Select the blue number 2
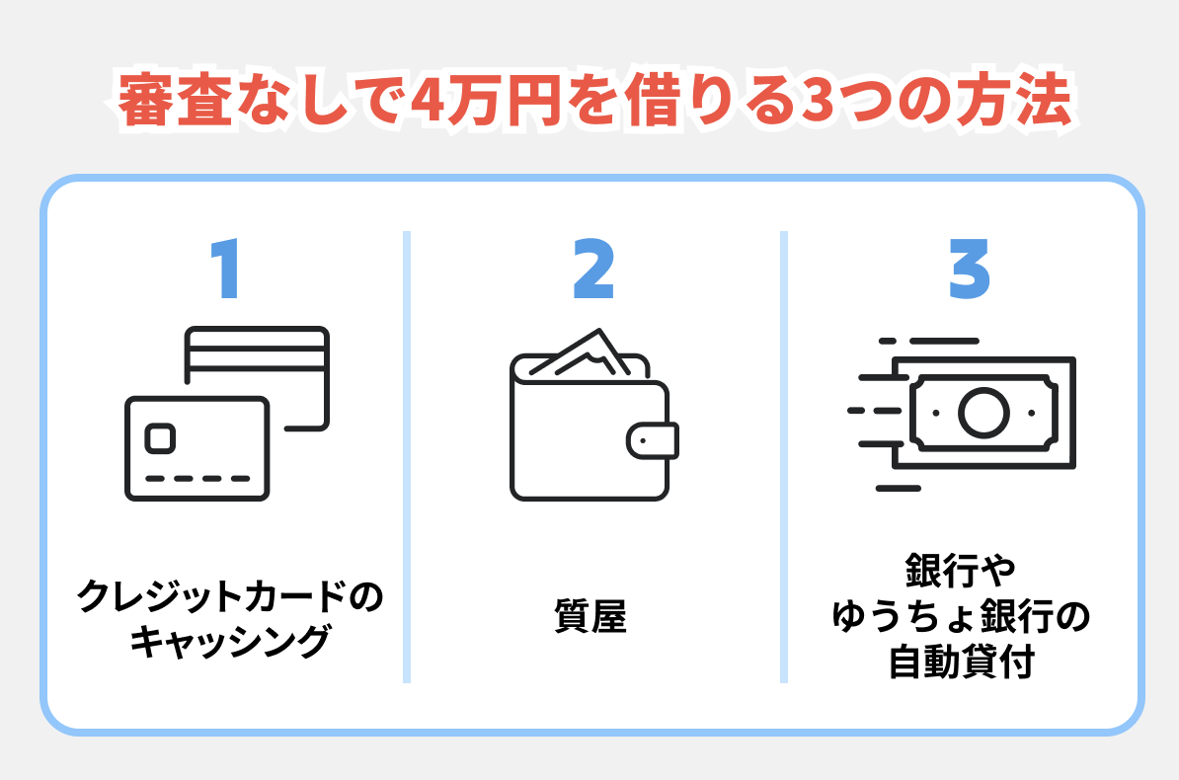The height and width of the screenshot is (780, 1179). (x=593, y=270)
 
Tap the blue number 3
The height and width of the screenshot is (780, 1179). (x=969, y=270)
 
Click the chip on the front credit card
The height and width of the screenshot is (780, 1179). (x=161, y=437)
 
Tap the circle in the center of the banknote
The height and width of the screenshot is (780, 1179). (x=983, y=413)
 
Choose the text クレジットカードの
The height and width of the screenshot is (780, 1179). (x=228, y=597)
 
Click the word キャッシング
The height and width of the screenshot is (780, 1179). (x=228, y=643)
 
